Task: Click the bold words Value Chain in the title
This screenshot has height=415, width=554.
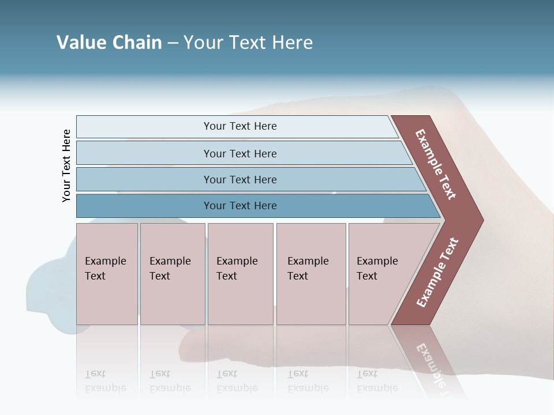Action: coord(109,43)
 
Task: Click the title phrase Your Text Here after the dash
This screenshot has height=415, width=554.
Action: coord(248,43)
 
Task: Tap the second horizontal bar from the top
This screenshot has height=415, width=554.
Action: coord(240,153)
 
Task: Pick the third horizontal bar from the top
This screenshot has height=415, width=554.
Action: coord(240,179)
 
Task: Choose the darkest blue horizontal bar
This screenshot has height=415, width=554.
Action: coord(240,206)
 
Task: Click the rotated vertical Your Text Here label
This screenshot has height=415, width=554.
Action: coord(66,165)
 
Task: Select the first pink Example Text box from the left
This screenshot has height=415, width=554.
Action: coord(107,273)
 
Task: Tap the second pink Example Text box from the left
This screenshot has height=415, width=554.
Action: coord(172,273)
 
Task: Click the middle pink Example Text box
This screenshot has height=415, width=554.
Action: coord(240,273)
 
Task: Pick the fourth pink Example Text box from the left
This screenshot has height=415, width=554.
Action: coord(310,273)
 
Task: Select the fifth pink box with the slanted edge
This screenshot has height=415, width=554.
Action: coord(381,273)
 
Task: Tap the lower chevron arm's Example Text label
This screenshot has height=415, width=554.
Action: coord(437,272)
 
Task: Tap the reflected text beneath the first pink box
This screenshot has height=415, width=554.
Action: coord(106,381)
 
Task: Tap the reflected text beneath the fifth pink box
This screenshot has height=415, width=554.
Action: coord(377,381)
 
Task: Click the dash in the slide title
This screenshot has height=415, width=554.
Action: coord(173,43)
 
